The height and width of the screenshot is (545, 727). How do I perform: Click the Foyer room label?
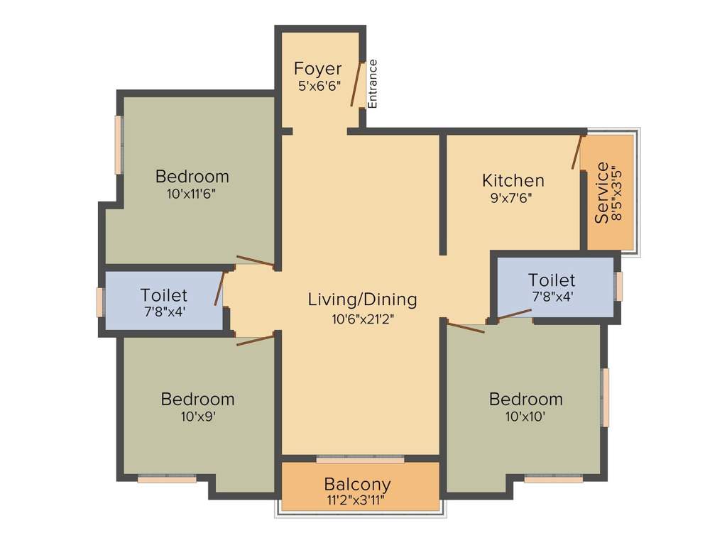(317, 69)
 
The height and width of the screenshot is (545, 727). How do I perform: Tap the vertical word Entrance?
(373, 84)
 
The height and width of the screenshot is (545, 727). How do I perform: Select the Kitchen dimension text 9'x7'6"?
(511, 198)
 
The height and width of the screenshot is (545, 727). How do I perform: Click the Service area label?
(602, 193)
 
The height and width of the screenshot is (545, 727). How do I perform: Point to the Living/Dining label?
(362, 299)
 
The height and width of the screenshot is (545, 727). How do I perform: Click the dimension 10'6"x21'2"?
(362, 319)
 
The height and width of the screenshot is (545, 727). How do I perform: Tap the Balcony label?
(357, 485)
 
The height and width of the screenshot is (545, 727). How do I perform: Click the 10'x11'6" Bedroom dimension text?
(192, 194)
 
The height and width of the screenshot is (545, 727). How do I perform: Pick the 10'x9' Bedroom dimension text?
(197, 417)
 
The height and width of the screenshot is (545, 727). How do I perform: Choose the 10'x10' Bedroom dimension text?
(525, 417)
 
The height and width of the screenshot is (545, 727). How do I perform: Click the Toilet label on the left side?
(164, 294)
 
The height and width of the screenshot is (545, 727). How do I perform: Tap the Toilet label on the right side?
(552, 280)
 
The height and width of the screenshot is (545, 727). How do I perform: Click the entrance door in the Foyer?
(358, 84)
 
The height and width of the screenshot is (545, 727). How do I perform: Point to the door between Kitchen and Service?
(577, 152)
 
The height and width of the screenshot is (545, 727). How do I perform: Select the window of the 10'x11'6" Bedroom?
(119, 144)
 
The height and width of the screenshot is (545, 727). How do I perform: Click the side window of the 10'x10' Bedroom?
(605, 397)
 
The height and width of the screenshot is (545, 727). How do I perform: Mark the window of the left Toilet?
(100, 302)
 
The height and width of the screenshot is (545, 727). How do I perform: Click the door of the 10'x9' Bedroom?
(255, 339)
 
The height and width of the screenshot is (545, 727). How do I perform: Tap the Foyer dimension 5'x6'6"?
(319, 86)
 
